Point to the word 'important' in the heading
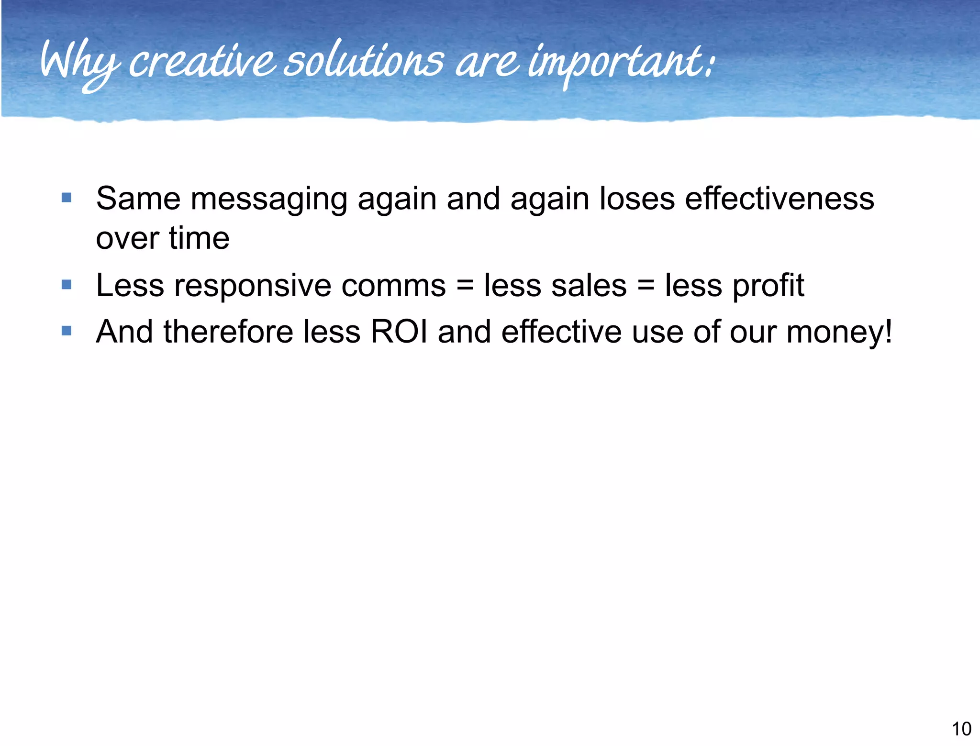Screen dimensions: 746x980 [x=617, y=65]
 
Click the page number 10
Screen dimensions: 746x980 [x=961, y=729]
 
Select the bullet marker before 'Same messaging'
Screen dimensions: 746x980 [x=67, y=198]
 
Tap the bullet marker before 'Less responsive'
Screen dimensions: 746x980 [x=67, y=285]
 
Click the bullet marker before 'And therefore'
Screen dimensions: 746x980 [x=67, y=331]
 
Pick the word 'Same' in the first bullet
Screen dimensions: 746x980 [x=138, y=198]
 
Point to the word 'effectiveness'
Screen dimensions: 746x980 [x=780, y=198]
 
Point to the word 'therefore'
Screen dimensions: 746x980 [x=228, y=331]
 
